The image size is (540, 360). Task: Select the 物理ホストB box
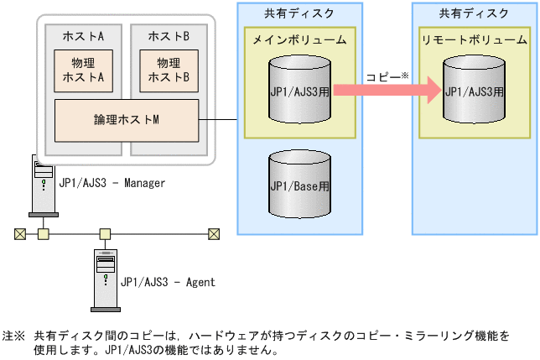169,70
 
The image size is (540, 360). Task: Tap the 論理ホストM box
126,119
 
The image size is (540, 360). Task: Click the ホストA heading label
83,37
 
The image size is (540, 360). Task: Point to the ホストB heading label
169,37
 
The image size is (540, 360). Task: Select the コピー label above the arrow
384,76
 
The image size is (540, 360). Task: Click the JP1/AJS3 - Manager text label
112,182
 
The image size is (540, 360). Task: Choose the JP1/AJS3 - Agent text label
168,282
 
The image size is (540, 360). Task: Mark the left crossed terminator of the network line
20,233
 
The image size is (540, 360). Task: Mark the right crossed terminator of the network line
214,233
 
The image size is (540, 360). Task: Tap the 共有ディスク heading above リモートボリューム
474,13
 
